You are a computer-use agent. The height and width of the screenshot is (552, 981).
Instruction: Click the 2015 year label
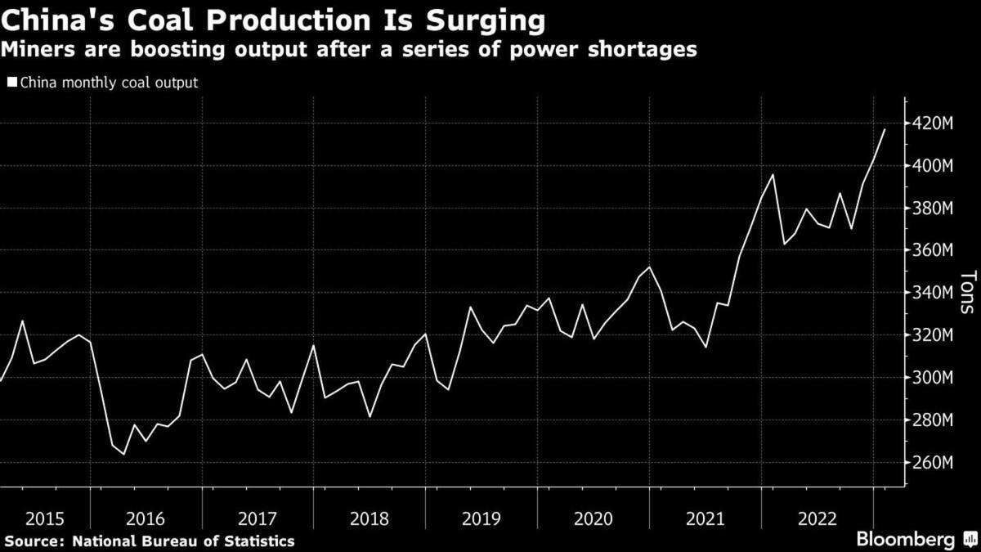(x=45, y=518)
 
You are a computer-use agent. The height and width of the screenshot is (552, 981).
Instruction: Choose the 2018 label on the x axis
(x=370, y=518)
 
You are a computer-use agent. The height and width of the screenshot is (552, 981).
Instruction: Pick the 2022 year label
(x=817, y=518)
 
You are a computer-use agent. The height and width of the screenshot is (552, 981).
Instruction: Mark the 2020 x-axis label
(x=593, y=518)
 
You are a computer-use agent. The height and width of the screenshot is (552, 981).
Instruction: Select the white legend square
(x=11, y=83)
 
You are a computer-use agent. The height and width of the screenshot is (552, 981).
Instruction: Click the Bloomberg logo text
(x=905, y=540)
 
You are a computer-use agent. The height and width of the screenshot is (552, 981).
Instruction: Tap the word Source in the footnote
(x=34, y=541)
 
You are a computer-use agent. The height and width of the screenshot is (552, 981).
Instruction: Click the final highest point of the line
(x=884, y=129)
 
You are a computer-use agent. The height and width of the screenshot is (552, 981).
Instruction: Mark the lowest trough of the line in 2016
(x=123, y=454)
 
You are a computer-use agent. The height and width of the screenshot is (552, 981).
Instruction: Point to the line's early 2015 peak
(x=22, y=321)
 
